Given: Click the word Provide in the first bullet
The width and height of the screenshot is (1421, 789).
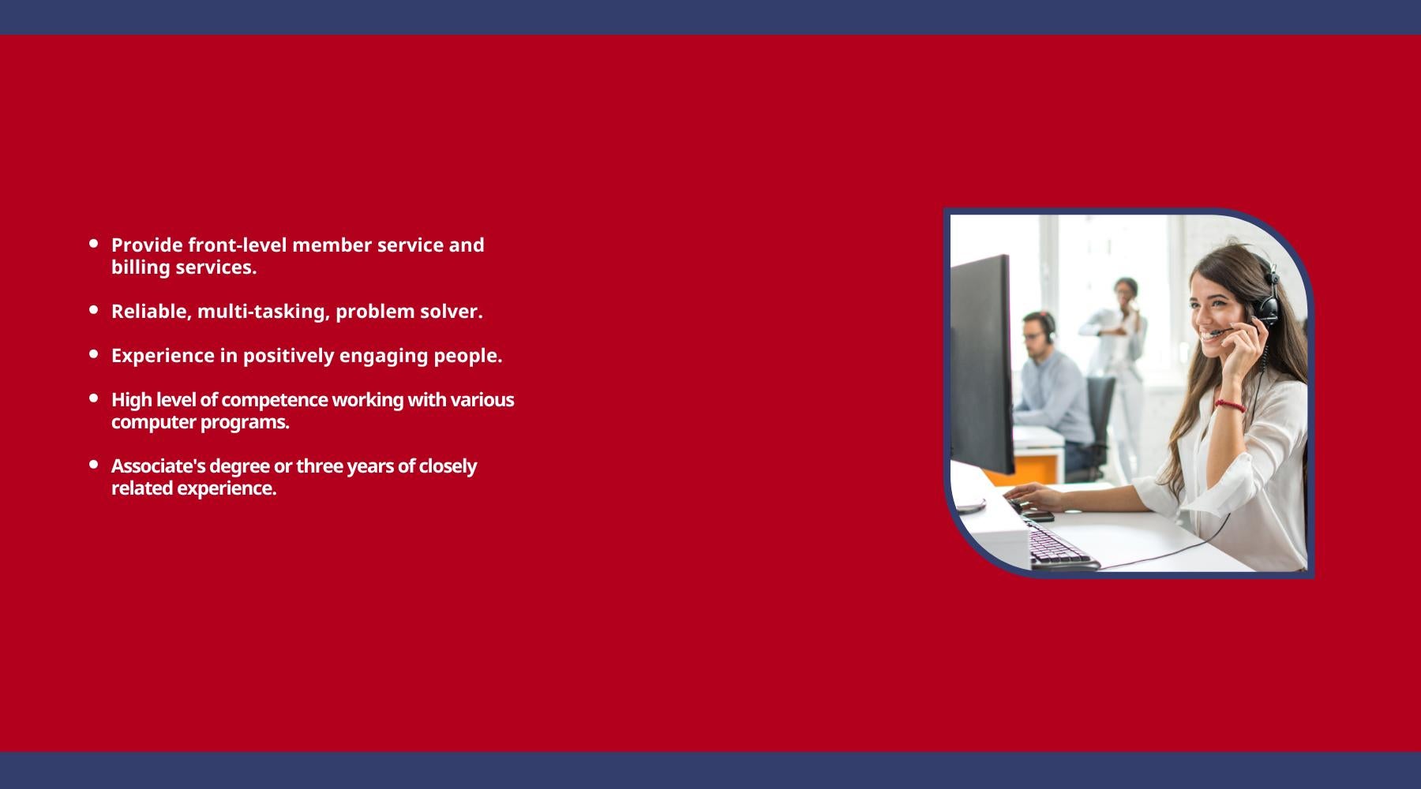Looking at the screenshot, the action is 147,245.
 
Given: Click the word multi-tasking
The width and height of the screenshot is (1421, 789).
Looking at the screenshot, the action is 263,312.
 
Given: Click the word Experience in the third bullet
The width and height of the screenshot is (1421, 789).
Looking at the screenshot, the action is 163,356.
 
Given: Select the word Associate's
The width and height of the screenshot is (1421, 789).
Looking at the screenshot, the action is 158,466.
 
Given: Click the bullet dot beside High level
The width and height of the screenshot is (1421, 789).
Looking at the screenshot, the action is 94,398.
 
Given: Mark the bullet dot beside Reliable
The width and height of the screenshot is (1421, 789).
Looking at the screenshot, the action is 94,310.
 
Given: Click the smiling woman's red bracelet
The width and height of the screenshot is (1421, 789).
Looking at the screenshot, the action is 1228,406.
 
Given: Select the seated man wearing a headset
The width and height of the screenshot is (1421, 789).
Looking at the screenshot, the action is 1054,391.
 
